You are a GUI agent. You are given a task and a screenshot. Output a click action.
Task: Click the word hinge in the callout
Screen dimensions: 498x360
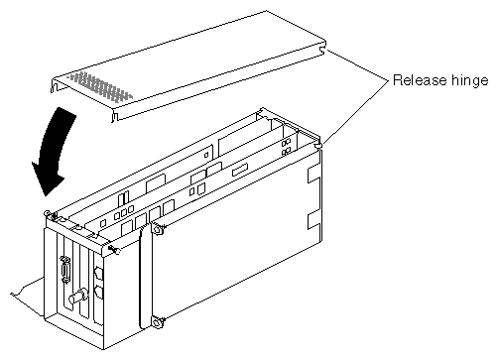[x=469, y=81]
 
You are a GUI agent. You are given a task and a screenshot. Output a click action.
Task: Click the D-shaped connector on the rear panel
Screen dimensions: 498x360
[x=65, y=269]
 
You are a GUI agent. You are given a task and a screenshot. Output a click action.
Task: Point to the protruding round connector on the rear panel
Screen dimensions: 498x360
[x=78, y=297]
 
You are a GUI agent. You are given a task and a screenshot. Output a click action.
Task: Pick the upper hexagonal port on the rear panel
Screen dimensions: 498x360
[x=98, y=274]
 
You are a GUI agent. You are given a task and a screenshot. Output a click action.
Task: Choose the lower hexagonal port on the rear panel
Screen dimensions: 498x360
[x=98, y=293]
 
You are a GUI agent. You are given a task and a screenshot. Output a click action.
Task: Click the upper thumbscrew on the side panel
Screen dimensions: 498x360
[x=157, y=229]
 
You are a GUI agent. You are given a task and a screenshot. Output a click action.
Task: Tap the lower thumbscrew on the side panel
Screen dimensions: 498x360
[x=157, y=321]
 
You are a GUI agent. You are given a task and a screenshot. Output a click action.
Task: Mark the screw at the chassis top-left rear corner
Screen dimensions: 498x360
[x=48, y=214]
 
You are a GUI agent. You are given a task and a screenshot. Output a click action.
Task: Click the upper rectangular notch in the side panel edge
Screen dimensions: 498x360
[x=313, y=175]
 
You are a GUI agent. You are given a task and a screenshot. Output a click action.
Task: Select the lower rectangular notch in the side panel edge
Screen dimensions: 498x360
[x=313, y=221]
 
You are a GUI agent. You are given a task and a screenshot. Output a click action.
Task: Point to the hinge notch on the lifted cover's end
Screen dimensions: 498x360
[x=321, y=51]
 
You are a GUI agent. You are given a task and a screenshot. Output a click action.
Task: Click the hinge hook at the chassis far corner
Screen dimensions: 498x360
[x=318, y=146]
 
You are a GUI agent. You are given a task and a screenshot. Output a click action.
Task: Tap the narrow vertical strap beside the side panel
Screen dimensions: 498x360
[x=143, y=278]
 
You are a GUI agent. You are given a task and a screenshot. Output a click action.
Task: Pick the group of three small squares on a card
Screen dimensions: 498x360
[x=124, y=212]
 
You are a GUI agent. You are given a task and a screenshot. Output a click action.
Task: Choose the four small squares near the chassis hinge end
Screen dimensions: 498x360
[x=286, y=147]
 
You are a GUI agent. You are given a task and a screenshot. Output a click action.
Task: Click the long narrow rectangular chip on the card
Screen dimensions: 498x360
[x=240, y=171]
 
